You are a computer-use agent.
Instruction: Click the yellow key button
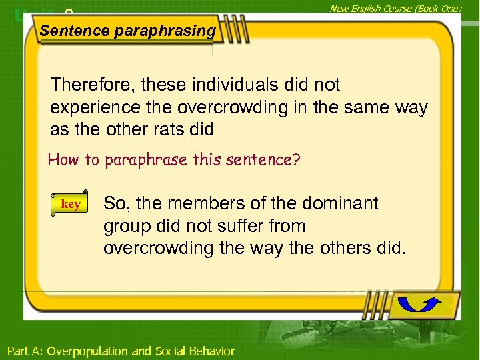click(x=70, y=205)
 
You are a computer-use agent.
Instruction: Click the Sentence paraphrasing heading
click(x=127, y=31)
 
